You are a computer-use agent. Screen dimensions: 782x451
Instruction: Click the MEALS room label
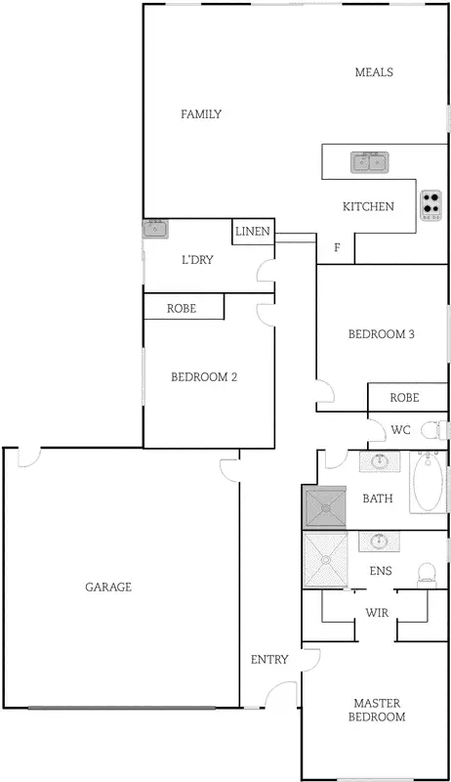[374, 72]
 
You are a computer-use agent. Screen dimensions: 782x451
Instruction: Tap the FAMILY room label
[201, 114]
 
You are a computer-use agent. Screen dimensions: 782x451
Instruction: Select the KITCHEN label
[368, 206]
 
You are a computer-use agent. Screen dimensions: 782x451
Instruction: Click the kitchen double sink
[370, 161]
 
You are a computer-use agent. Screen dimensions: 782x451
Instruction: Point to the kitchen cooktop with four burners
[430, 205]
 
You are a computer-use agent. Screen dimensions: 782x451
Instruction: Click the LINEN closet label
[252, 232]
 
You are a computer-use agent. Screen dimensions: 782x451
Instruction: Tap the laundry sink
[155, 231]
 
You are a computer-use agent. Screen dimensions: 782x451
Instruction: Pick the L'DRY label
[197, 260]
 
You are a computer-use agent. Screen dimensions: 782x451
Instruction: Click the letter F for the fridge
[337, 248]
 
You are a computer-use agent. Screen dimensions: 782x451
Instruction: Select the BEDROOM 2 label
[205, 376]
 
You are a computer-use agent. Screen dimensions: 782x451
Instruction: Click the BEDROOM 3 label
[382, 334]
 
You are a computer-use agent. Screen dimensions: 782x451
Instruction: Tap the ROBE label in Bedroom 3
[404, 398]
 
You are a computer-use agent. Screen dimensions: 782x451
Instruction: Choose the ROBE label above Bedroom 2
[182, 308]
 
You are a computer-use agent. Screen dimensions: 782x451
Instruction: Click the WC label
[400, 430]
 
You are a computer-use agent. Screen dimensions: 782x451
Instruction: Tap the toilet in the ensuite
[426, 573]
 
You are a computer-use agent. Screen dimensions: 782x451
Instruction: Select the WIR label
[378, 612]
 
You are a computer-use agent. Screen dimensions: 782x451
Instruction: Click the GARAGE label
[108, 587]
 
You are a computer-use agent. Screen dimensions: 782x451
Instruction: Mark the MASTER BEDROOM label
[379, 710]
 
